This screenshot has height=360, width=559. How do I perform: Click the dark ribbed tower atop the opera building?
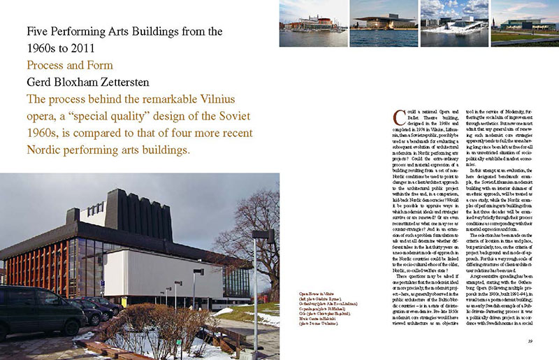coord(126,210)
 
